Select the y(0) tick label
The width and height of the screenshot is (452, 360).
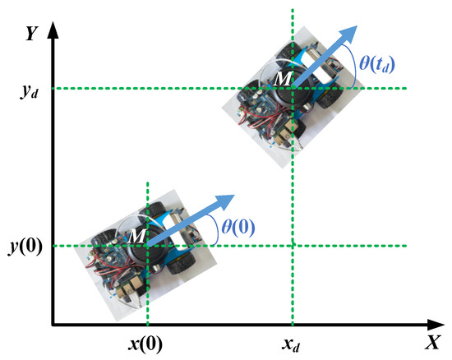[x=25, y=246]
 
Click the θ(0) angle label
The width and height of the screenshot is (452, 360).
[x=240, y=228]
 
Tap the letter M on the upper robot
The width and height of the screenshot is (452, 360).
[x=284, y=79]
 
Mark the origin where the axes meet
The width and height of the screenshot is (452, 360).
[x=53, y=325]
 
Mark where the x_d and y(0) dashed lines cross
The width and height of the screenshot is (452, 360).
[x=292, y=246]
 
